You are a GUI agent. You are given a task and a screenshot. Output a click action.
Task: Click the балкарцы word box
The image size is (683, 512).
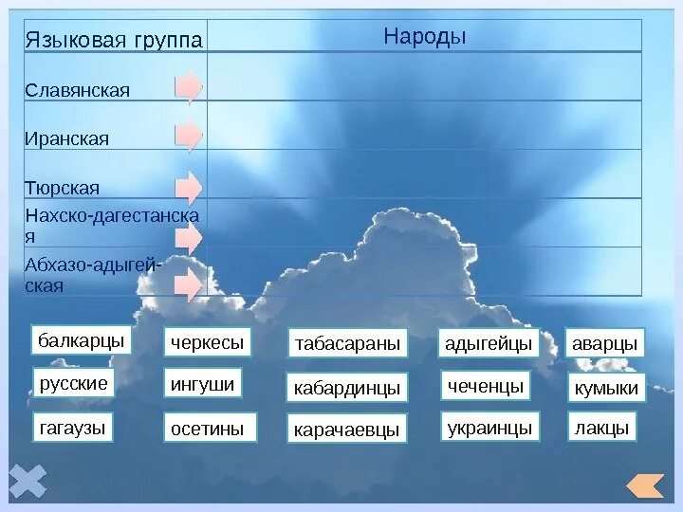pos(82,340)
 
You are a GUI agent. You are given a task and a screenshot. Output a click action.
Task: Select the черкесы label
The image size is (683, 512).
pos(207,341)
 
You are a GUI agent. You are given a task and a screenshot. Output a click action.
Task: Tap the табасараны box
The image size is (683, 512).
pos(347,343)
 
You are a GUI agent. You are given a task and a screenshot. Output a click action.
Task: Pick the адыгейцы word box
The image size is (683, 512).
pos(488,343)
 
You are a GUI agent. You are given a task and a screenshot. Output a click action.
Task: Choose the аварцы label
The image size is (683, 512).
pos(605,343)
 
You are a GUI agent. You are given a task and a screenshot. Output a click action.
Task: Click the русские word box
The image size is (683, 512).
pos(74,384)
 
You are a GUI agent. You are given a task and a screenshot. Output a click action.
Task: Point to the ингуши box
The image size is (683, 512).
pos(201,384)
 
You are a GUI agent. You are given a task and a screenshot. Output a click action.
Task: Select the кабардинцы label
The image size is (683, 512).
pos(347,387)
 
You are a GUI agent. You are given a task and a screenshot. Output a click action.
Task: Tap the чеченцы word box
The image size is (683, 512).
pos(484,386)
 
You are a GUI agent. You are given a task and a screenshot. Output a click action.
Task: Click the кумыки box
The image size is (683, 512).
pos(606,388)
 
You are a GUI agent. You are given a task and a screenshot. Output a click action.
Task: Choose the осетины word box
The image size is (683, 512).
pos(207,429)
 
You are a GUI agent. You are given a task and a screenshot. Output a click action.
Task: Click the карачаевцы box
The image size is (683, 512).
pos(347,430)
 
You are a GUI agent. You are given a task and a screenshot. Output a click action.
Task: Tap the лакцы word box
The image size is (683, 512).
pos(601,428)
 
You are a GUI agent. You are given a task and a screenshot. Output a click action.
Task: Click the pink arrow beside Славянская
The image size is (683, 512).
pos(189,86)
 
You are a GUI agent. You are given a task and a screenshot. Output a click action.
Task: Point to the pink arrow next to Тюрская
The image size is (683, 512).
pos(189,187)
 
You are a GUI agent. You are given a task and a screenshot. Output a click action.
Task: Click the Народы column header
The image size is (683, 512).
pos(425,37)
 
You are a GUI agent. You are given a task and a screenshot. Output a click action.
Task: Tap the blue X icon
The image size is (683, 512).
pos(28,481)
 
